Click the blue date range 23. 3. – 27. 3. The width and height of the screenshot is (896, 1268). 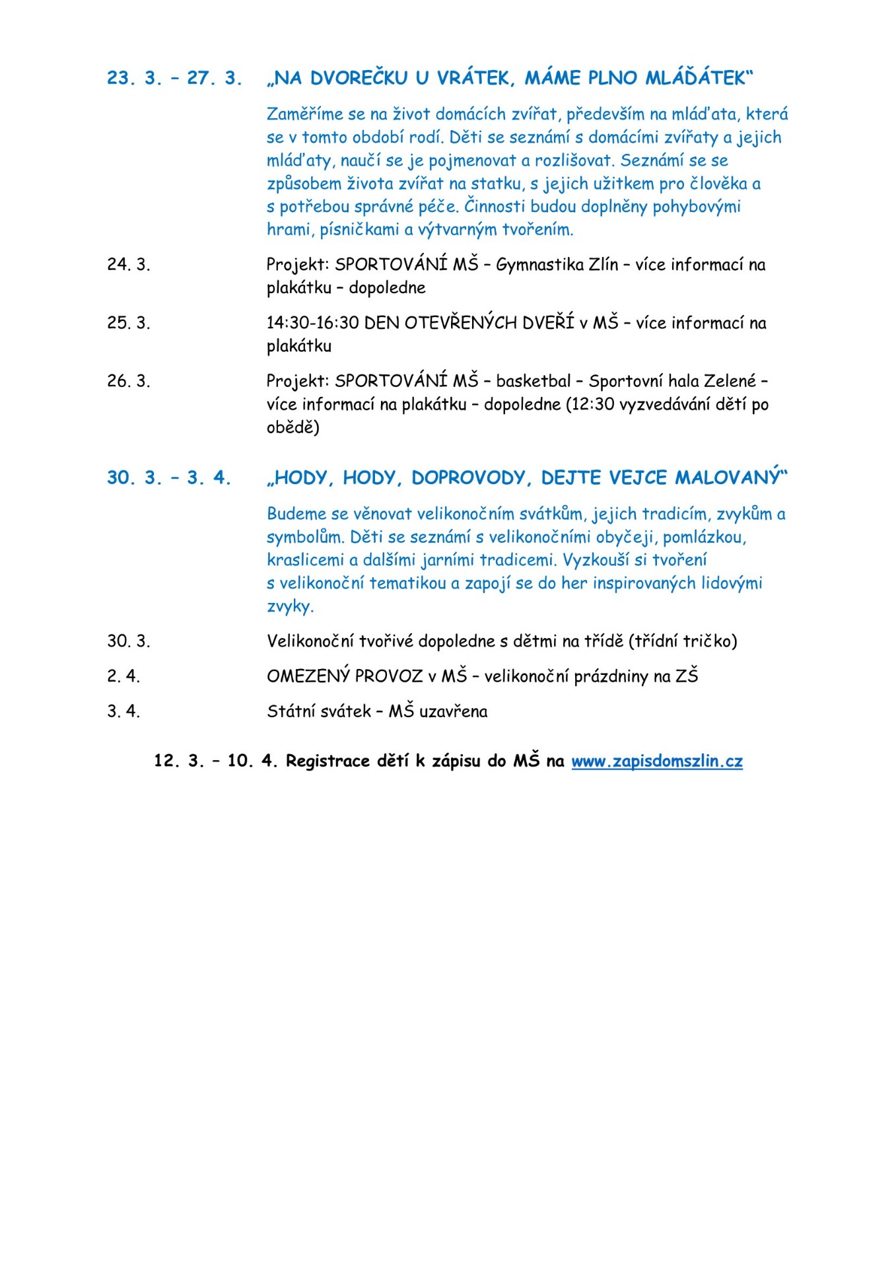point(174,78)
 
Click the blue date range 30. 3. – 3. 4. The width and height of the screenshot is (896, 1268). point(169,477)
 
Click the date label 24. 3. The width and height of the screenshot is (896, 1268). point(129,264)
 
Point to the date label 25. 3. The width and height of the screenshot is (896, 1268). point(129,323)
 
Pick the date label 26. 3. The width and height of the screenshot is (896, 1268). point(129,381)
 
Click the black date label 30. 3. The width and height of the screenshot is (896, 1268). point(129,641)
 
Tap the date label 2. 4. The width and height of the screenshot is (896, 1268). point(123,676)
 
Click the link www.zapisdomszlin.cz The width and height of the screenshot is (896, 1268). point(657,761)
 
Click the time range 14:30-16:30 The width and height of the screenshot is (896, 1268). point(312,323)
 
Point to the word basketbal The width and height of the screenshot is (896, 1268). point(533,381)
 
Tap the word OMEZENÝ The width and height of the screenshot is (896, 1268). point(308,676)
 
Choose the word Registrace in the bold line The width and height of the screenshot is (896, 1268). point(327,761)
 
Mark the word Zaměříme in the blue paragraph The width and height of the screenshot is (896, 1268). point(306,114)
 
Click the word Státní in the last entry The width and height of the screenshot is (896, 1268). point(292,711)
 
